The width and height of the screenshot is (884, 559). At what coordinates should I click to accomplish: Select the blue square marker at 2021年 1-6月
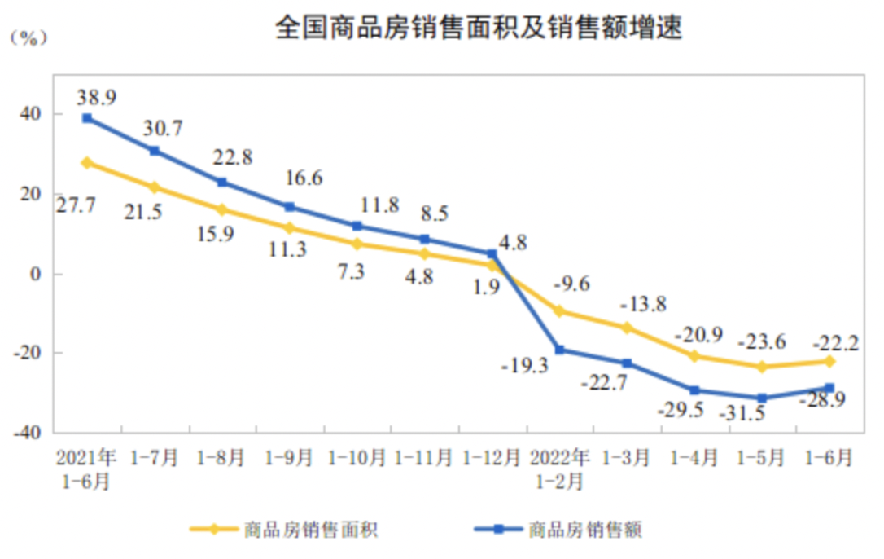point(87,118)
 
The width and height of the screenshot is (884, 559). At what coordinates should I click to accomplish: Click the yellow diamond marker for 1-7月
point(155,187)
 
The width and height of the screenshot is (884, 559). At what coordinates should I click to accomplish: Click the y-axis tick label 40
point(33,114)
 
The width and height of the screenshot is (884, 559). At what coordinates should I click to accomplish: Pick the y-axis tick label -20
point(28,353)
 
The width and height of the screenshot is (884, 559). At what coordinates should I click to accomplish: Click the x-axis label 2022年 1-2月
point(558,468)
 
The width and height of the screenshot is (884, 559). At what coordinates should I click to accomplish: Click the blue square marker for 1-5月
point(762,398)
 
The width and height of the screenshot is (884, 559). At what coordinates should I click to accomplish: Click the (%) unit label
point(28,38)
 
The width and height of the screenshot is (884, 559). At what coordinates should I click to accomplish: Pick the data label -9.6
point(571,284)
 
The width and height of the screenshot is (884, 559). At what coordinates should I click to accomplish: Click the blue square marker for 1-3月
point(627,363)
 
